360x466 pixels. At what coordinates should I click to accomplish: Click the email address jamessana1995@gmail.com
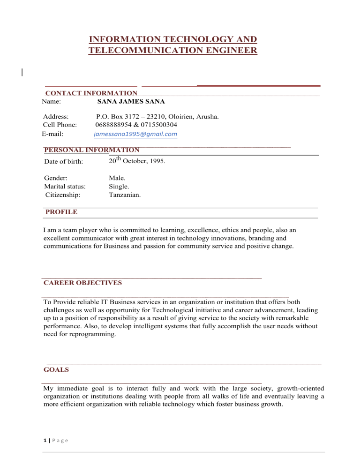pyautogui.click(x=135, y=135)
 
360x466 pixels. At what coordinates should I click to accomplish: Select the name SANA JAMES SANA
pyautogui.click(x=131, y=101)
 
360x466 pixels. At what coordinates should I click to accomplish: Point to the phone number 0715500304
pyautogui.click(x=159, y=125)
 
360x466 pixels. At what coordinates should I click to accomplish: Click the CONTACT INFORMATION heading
pyautogui.click(x=91, y=94)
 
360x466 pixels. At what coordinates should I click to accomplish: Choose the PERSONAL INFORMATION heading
pyautogui.click(x=91, y=150)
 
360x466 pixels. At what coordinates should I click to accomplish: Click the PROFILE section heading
pyautogui.click(x=61, y=212)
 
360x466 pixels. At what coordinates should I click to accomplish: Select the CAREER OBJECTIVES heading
pyautogui.click(x=82, y=283)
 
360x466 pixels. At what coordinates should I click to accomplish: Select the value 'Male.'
pyautogui.click(x=117, y=178)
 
